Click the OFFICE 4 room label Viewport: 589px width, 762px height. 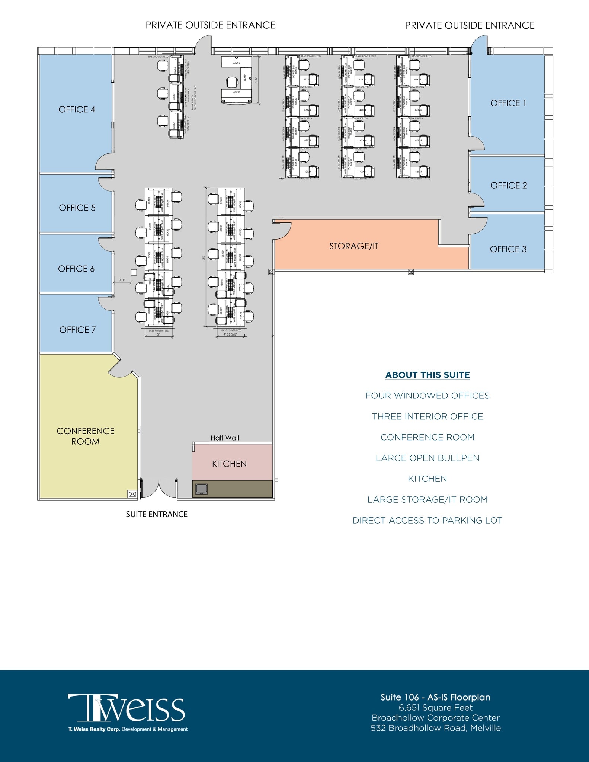click(x=77, y=109)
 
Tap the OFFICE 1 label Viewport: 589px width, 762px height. click(x=508, y=103)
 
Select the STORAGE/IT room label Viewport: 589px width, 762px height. click(x=353, y=246)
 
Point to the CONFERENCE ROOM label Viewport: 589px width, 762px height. click(x=86, y=436)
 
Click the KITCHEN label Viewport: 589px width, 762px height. click(x=229, y=464)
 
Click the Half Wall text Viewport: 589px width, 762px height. click(x=225, y=438)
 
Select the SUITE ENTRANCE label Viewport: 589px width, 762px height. click(x=157, y=514)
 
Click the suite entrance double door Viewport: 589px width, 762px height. click(x=159, y=489)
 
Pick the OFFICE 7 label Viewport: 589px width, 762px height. click(x=77, y=330)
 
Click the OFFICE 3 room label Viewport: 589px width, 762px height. click(x=508, y=249)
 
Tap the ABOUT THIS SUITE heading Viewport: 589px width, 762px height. click(x=428, y=375)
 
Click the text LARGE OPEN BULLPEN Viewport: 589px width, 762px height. click(x=428, y=458)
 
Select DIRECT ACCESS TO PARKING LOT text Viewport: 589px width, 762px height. click(x=428, y=520)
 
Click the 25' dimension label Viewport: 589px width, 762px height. click(x=204, y=257)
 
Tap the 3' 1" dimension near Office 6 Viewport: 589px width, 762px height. click(x=122, y=280)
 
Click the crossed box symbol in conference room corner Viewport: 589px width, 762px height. click(x=132, y=494)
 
